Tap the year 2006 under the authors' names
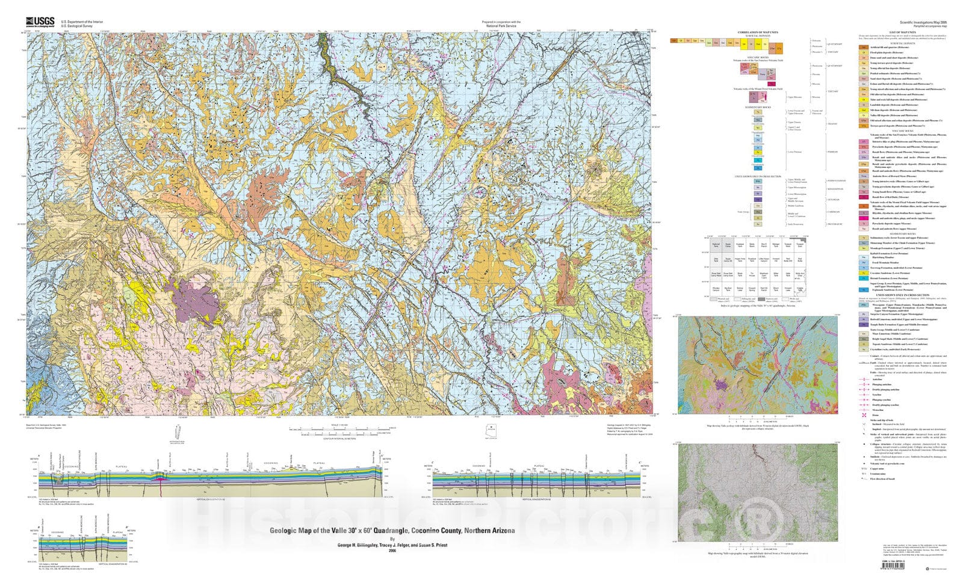point(392,551)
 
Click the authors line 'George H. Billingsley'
point(392,544)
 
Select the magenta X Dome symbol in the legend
point(864,415)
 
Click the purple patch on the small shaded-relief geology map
point(719,383)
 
